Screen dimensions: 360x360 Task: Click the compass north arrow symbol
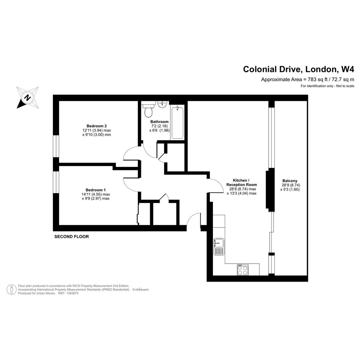[27, 98]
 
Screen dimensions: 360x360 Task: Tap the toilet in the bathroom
[148, 110]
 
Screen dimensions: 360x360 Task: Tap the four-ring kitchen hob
[243, 270]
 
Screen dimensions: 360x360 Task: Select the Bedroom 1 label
[96, 190]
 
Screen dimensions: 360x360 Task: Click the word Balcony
[290, 181]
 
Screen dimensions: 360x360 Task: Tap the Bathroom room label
[160, 122]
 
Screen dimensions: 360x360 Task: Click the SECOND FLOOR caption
[71, 237]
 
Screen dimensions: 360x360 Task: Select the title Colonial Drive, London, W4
[299, 69]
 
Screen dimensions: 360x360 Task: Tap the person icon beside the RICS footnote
[11, 290]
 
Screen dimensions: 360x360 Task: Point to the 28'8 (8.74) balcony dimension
[291, 185]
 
